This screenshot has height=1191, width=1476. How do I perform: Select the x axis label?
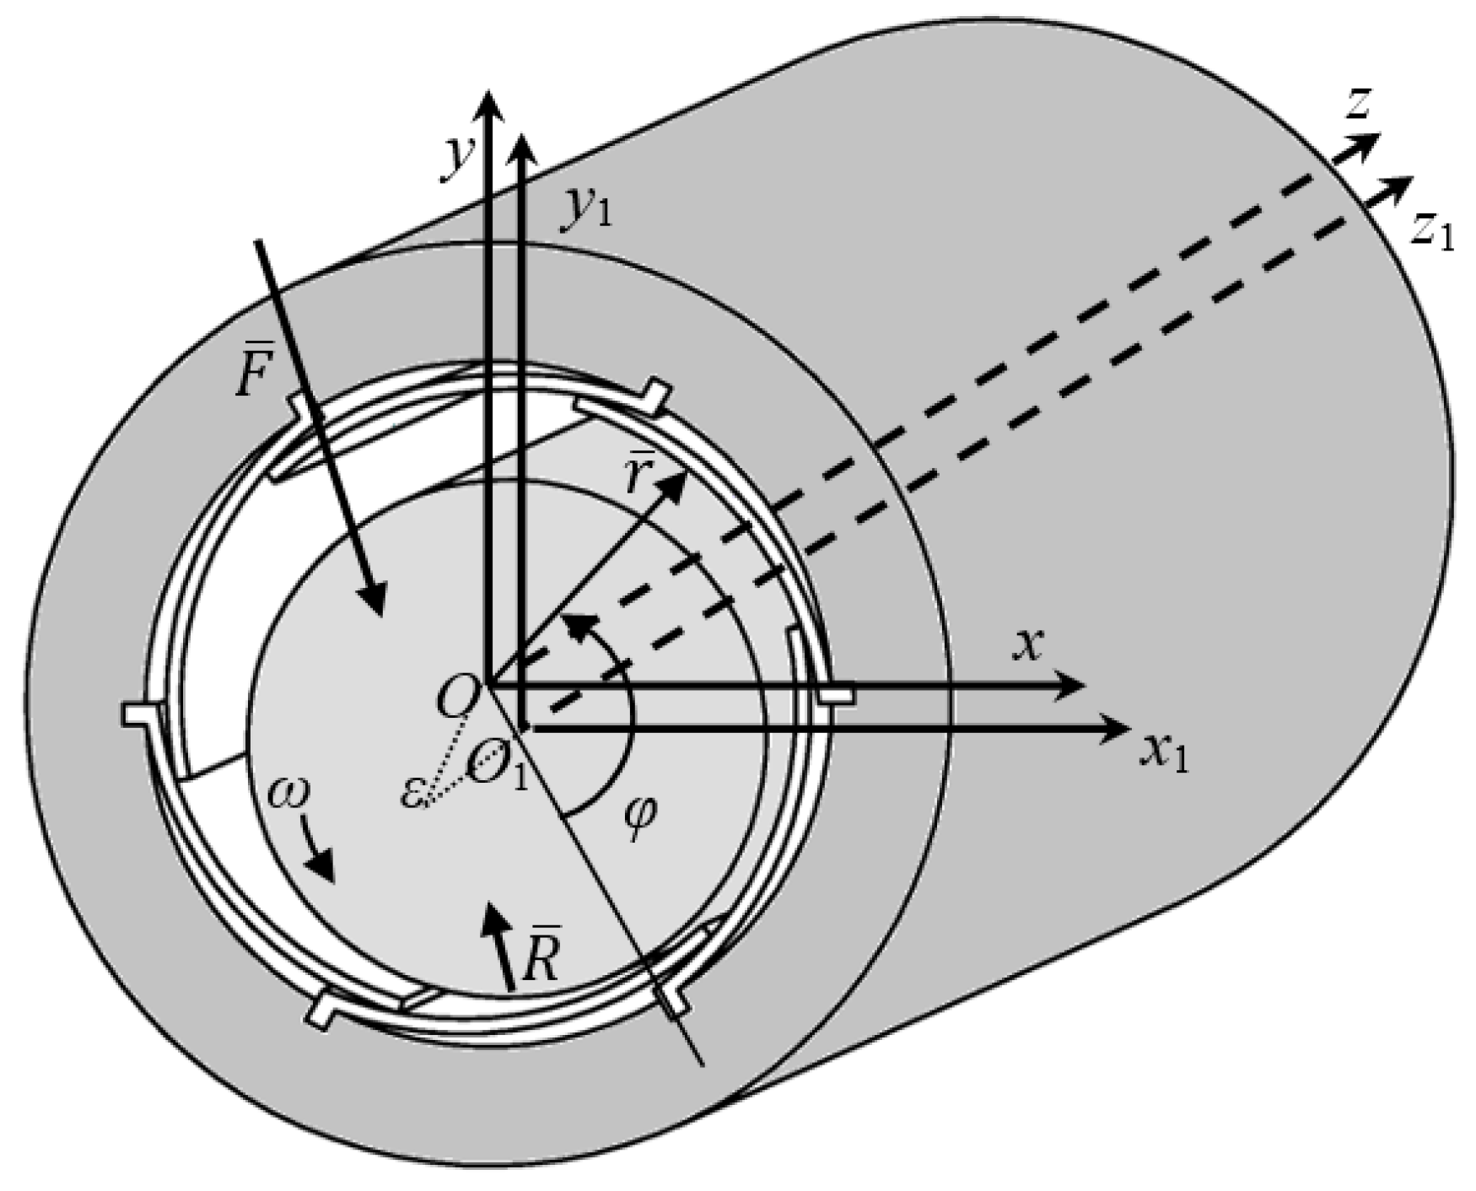[1028, 645]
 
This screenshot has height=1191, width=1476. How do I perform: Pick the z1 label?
[1433, 232]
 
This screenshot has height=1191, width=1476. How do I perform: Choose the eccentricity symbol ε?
[412, 793]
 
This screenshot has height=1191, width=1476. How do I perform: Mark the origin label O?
[459, 695]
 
